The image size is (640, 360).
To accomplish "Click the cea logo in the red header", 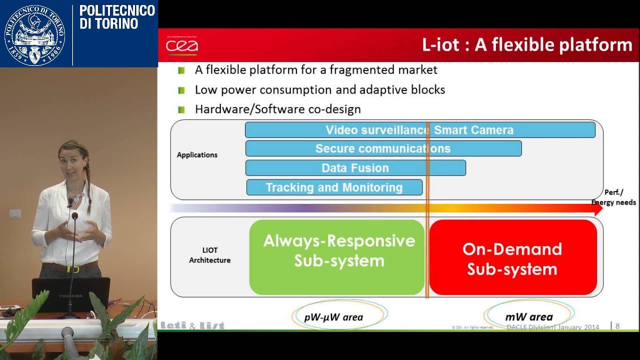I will [x=182, y=46].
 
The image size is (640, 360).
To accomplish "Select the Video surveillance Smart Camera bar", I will [x=419, y=130].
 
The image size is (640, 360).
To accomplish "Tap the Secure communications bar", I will [x=383, y=148].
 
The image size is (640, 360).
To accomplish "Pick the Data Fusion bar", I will [x=355, y=168].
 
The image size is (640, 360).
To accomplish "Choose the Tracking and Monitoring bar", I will [x=334, y=187].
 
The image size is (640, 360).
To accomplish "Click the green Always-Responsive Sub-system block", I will [x=337, y=257].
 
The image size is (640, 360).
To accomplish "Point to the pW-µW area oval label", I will [x=333, y=317].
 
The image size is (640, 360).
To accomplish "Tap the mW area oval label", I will [x=528, y=317].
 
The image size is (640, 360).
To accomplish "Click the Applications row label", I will [x=197, y=155].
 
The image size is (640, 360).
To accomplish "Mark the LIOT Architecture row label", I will [x=209, y=255].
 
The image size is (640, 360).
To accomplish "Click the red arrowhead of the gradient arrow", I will [x=597, y=208].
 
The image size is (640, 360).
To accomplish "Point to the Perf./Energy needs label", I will [x=613, y=197].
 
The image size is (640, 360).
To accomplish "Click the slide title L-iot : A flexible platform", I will [x=527, y=45].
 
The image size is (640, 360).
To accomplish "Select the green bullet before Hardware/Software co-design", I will [x=181, y=109].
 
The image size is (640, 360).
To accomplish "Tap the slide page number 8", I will [x=617, y=326].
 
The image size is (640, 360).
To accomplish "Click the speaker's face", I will [x=74, y=160].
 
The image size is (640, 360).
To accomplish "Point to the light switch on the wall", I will [x=15, y=213].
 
